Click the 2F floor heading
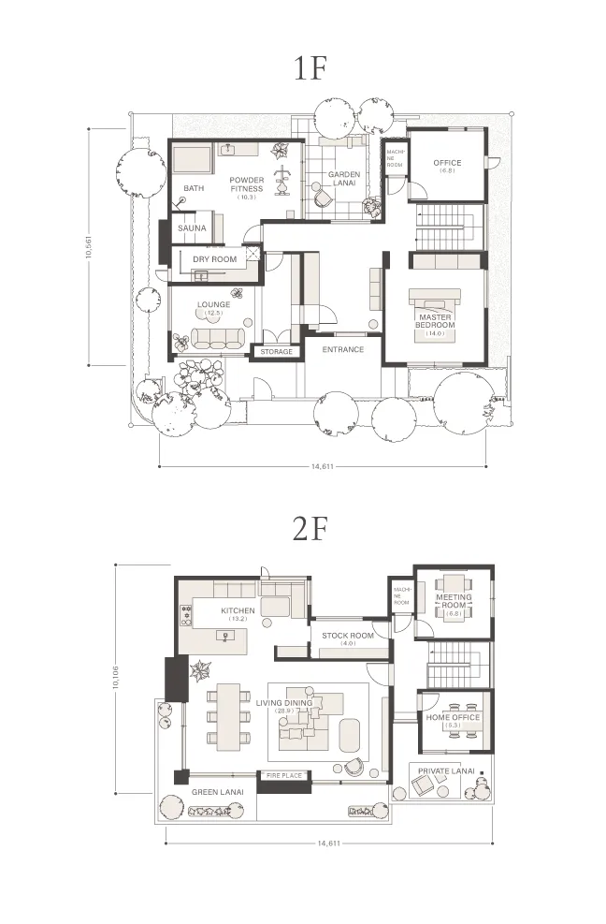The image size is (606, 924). [310, 529]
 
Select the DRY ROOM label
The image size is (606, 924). [214, 259]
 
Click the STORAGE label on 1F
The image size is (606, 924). [276, 352]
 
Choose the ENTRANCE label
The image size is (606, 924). [342, 349]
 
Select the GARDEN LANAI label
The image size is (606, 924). [343, 178]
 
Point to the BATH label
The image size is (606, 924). [194, 188]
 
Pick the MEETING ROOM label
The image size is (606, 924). [454, 601]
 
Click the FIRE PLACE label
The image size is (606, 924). [282, 776]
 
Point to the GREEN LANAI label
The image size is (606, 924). [218, 792]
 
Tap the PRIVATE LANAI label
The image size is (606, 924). [446, 772]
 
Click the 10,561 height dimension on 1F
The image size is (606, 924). [89, 247]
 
